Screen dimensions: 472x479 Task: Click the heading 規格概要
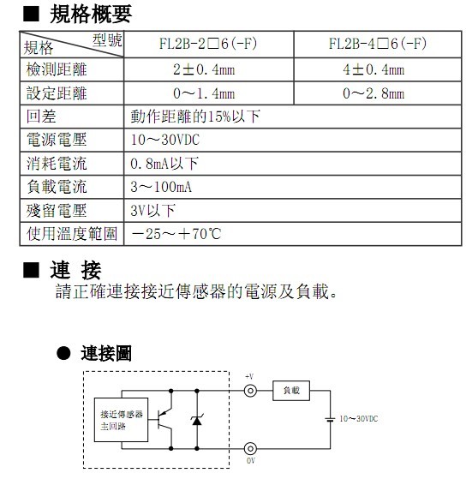[91, 14]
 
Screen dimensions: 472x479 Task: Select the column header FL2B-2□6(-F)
[208, 44]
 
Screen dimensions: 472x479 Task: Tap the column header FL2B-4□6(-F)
[378, 44]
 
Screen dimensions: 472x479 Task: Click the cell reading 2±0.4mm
[204, 69]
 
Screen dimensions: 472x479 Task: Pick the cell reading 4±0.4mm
[373, 69]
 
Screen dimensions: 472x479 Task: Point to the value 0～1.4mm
[204, 93]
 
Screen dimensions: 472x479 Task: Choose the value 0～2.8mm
[373, 93]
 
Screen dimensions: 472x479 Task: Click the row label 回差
[41, 117]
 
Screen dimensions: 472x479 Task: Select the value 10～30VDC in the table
[165, 140]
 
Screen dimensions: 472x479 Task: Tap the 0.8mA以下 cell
[164, 164]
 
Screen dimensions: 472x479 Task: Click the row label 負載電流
[57, 187]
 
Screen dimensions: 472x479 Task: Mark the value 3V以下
[152, 211]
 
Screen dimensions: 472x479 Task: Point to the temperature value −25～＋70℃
[176, 234]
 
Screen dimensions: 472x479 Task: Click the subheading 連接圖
[106, 353]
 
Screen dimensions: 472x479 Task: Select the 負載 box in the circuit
[291, 391]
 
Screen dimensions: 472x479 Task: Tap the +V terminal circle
[250, 391]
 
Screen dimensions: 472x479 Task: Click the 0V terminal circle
[250, 449]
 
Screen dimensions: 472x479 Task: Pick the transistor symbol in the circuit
[164, 419]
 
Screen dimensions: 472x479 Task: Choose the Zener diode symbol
[197, 421]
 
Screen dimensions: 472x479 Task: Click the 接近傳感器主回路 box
[121, 420]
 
